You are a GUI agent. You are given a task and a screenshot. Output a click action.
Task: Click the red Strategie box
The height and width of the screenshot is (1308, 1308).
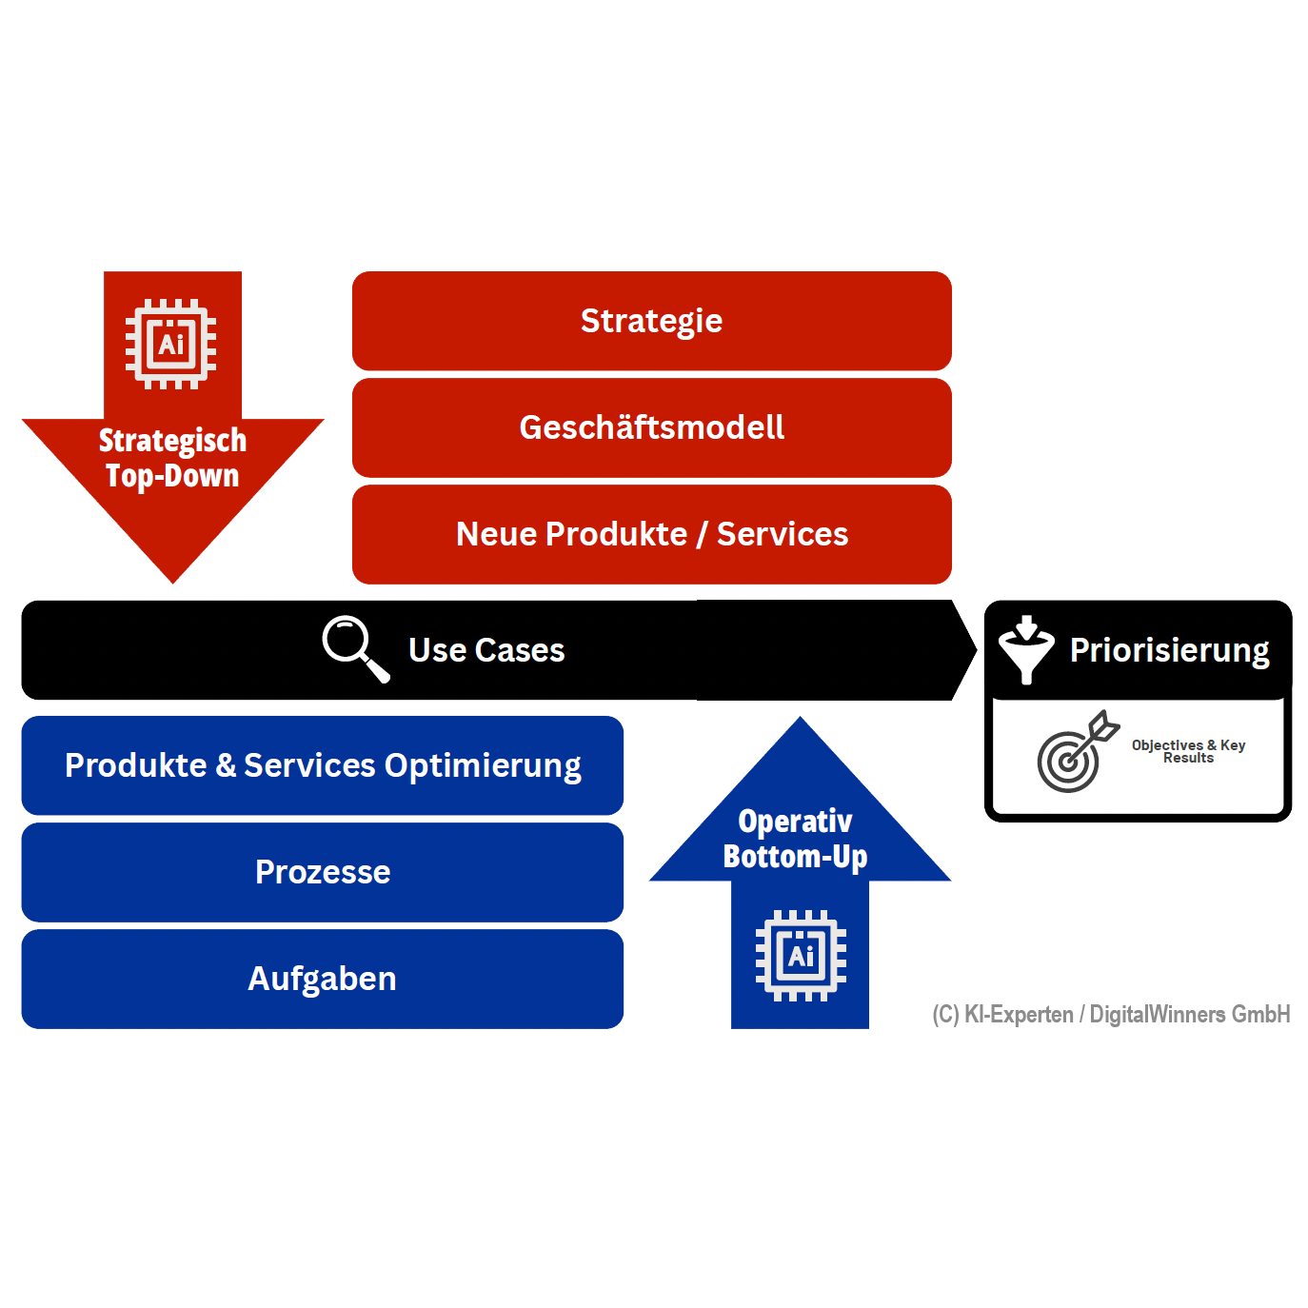651,321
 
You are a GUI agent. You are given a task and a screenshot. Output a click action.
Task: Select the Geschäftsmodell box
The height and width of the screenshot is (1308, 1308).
651,427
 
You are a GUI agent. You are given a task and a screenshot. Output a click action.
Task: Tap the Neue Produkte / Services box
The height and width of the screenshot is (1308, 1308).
651,534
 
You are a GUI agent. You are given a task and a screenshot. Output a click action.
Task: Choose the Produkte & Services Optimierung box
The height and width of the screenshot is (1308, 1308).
322,765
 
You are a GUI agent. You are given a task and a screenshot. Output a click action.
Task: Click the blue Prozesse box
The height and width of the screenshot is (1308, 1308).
322,872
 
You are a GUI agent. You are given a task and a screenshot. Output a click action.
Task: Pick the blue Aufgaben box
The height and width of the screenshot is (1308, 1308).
322,979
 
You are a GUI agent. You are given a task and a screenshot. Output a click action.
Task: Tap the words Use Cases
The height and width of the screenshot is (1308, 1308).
486,650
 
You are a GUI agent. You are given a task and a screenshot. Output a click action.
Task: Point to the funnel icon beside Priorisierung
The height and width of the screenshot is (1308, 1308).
1025,649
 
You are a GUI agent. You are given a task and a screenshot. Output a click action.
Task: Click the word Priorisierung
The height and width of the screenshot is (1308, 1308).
1169,650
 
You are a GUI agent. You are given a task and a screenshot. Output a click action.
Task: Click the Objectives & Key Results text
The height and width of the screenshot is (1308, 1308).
1188,751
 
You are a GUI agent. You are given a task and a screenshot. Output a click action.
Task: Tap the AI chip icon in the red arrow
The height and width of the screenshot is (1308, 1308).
171,344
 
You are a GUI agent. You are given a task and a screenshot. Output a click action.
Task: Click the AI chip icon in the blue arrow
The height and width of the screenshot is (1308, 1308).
801,956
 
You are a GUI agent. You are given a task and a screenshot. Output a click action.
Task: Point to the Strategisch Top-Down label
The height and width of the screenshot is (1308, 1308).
172,458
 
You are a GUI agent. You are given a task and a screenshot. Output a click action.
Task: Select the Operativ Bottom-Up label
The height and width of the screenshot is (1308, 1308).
795,839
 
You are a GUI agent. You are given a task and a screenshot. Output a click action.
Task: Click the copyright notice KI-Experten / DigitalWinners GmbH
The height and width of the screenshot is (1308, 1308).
1111,1014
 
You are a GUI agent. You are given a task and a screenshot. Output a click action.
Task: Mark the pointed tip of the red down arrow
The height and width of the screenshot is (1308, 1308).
173,580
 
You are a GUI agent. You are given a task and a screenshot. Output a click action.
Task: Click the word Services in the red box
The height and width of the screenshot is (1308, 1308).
782,534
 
